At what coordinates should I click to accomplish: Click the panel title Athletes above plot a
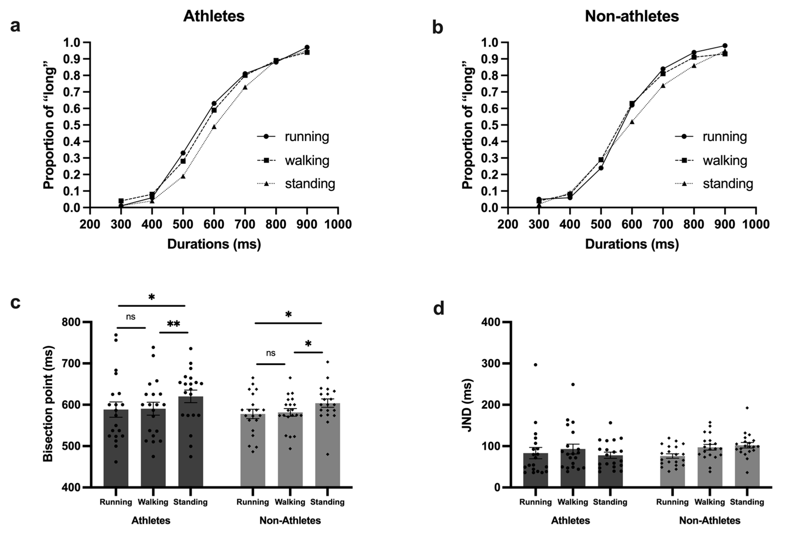coord(214,16)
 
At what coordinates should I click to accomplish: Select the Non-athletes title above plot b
coord(632,16)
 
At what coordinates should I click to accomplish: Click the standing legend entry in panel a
coord(296,184)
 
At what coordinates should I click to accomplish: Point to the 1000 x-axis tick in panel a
coord(338,224)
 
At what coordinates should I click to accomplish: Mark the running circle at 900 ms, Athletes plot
coord(307,47)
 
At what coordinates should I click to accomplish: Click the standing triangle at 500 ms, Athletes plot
coord(183,177)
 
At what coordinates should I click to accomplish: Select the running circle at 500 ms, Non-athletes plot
coord(601,168)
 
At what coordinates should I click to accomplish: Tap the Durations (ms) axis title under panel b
coord(632,244)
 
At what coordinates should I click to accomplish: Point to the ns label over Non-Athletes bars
coord(271,353)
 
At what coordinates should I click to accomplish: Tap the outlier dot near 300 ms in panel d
coord(535,365)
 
